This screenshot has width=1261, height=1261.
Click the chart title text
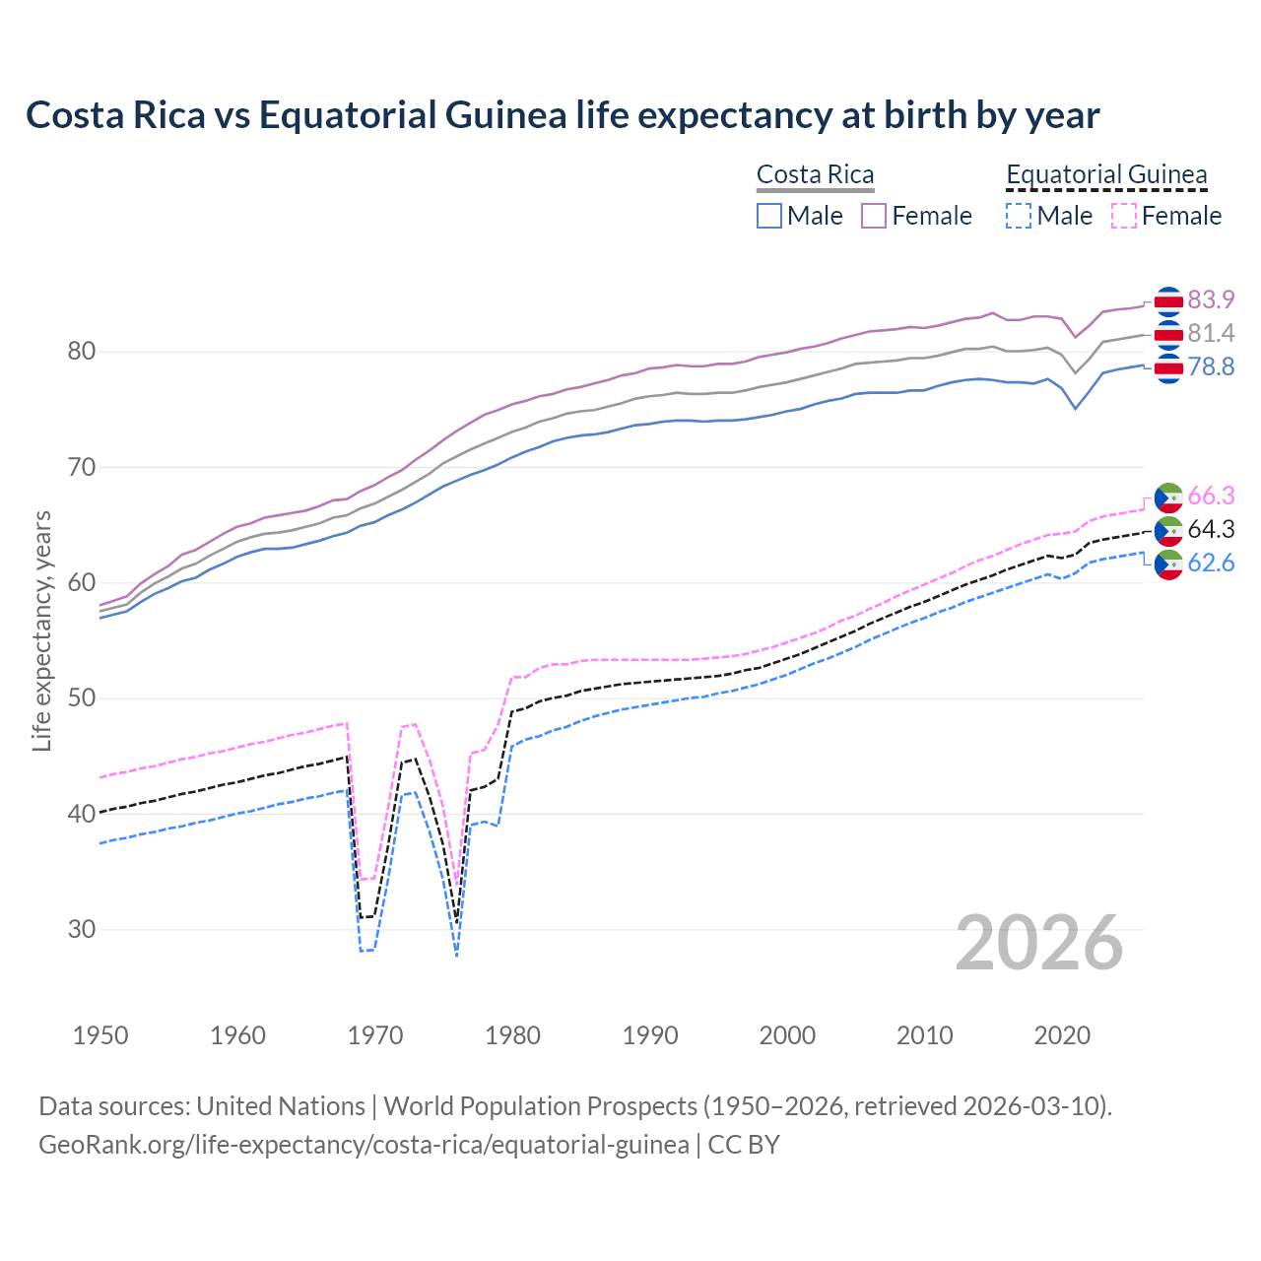(x=562, y=115)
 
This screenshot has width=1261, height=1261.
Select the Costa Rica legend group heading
(x=815, y=174)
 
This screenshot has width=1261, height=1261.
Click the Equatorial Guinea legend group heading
(x=1105, y=174)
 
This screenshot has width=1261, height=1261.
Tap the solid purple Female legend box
(x=874, y=216)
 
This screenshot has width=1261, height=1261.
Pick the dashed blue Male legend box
(x=1019, y=216)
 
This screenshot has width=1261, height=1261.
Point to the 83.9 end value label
(x=1211, y=299)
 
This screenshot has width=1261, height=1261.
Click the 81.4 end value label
(x=1211, y=333)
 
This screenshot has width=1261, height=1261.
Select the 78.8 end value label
(x=1211, y=366)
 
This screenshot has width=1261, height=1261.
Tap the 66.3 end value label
(x=1211, y=496)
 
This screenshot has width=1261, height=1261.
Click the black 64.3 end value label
(x=1211, y=529)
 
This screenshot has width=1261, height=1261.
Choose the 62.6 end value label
(x=1211, y=563)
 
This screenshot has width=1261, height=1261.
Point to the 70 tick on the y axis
(x=82, y=467)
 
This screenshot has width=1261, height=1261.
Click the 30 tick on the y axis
(x=82, y=929)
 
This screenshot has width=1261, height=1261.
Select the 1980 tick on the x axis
(x=512, y=1035)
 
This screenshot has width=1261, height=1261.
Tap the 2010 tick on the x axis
(x=924, y=1035)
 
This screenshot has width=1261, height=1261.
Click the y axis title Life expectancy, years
(x=41, y=630)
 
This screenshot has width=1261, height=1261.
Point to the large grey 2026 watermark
(x=1038, y=943)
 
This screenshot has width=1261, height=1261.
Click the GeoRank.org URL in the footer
(x=364, y=1145)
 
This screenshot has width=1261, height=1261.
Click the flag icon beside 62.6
(x=1168, y=564)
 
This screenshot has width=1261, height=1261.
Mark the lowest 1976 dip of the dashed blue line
(x=457, y=955)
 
